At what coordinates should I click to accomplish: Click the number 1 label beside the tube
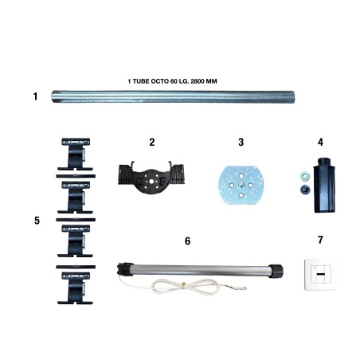coord(35,96)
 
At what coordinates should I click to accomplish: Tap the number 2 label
coord(152,142)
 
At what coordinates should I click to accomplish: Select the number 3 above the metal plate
coord(241,142)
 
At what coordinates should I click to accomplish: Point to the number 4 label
coord(320,142)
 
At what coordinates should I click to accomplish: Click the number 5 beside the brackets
coord(37,221)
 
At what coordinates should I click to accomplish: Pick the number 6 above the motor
coord(187,241)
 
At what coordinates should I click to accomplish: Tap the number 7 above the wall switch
coord(320,240)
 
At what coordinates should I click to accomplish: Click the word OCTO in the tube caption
coord(159,81)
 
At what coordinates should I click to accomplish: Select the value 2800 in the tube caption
coord(198,81)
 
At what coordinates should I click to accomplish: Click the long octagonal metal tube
coord(173,96)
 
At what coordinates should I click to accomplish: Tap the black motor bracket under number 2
coord(151,177)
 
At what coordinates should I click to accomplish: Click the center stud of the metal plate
coord(241,184)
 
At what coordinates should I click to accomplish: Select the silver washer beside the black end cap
coord(304,175)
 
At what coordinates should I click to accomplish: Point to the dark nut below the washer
coord(305,190)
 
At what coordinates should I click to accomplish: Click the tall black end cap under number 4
coord(324,185)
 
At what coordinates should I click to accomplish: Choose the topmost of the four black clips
coord(75,155)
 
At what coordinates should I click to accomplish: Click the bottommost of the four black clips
coord(75,288)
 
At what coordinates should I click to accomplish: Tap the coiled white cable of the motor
coord(183,288)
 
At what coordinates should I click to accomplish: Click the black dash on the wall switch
coord(321,274)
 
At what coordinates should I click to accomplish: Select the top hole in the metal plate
coord(241,175)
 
